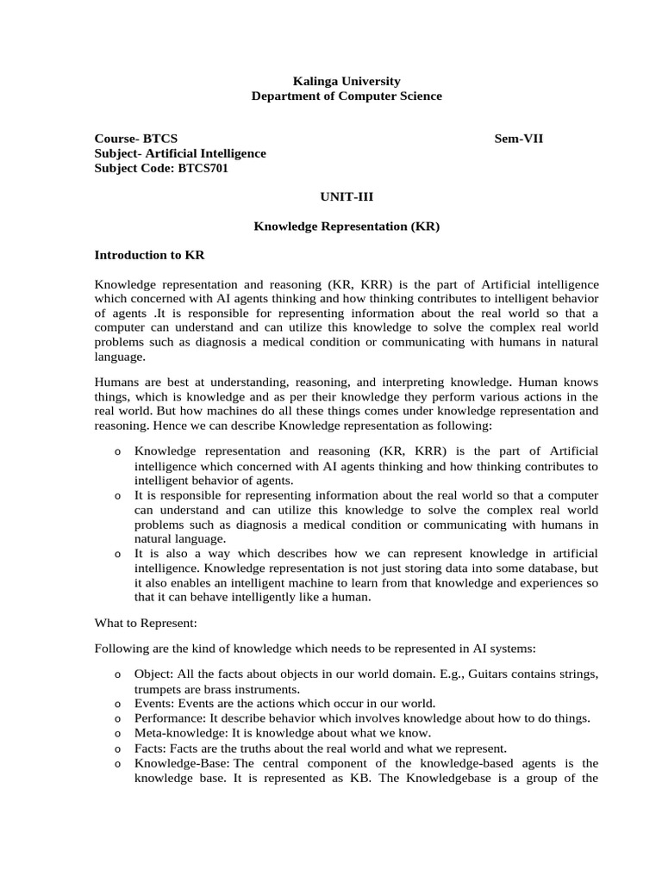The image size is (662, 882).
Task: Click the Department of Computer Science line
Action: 347,96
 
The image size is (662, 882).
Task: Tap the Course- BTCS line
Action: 136,138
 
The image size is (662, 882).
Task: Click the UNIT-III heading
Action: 347,196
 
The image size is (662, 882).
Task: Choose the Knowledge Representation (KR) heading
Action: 347,226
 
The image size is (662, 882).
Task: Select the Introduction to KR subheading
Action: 149,255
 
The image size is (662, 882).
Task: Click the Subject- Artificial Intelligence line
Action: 180,153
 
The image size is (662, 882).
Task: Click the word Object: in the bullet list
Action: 153,673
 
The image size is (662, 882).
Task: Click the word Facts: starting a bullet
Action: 150,748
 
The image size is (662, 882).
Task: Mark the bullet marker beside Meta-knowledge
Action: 116,734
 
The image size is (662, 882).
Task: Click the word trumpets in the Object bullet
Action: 158,688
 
